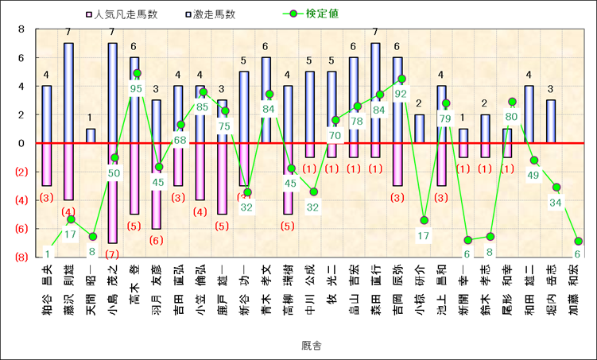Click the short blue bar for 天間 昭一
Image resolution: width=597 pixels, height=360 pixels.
pyautogui.click(x=91, y=136)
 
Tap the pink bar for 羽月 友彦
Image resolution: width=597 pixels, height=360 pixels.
pyautogui.click(x=156, y=186)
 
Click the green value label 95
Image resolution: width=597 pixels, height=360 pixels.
pyautogui.click(x=136, y=89)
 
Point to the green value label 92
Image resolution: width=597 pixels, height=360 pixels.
pyautogui.click(x=400, y=93)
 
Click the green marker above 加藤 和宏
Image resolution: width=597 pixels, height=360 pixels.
pyautogui.click(x=578, y=241)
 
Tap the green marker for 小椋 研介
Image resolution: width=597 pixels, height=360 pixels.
pyautogui.click(x=424, y=220)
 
